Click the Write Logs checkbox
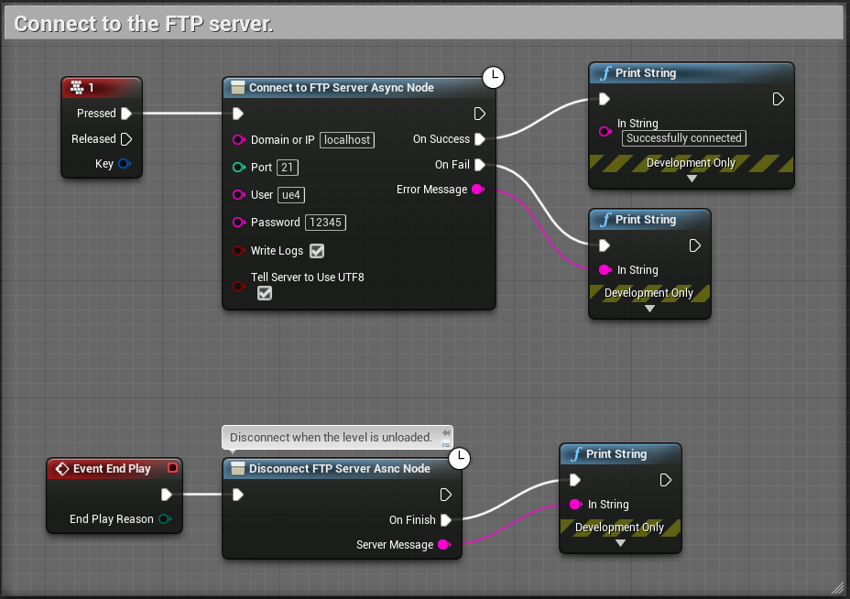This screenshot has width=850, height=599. pyautogui.click(x=317, y=251)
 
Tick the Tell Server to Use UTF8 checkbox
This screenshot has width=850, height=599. pyautogui.click(x=265, y=293)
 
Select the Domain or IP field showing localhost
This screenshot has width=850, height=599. pyautogui.click(x=347, y=140)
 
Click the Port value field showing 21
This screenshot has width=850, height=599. pyautogui.click(x=287, y=168)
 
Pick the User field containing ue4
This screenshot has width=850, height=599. pyautogui.click(x=291, y=195)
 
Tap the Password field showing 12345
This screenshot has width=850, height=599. pyautogui.click(x=325, y=223)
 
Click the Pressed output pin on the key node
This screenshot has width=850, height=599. pyautogui.click(x=126, y=114)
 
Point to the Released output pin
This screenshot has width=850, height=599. pyautogui.click(x=126, y=139)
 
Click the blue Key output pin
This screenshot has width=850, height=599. pyautogui.click(x=125, y=165)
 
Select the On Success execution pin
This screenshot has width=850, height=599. pyautogui.click(x=479, y=139)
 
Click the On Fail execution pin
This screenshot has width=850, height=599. pyautogui.click(x=479, y=165)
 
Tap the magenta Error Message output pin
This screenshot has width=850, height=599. pyautogui.click(x=477, y=190)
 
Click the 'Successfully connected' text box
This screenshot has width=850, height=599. pyautogui.click(x=683, y=138)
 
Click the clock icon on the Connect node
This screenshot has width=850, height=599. pyautogui.click(x=493, y=78)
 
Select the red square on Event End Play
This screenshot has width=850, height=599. pyautogui.click(x=172, y=468)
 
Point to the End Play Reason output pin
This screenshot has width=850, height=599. pyautogui.click(x=164, y=519)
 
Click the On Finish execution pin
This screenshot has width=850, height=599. pyautogui.click(x=445, y=520)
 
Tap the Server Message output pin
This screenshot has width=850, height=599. pyautogui.click(x=443, y=545)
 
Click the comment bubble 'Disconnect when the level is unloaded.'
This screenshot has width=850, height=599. pyautogui.click(x=331, y=438)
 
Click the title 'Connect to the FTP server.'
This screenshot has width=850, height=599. pyautogui.click(x=144, y=24)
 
